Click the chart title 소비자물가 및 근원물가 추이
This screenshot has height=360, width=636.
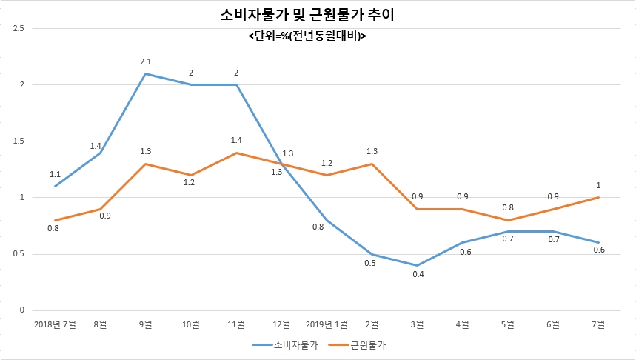[307, 15]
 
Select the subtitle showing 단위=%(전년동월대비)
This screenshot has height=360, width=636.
[307, 36]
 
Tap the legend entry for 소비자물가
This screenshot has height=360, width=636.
[285, 345]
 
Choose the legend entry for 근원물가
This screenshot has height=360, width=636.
[357, 345]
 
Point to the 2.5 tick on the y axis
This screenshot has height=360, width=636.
[19, 28]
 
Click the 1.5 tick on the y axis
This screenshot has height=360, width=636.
[19, 141]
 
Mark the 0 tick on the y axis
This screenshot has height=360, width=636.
[22, 310]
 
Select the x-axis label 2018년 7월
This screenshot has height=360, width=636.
[55, 324]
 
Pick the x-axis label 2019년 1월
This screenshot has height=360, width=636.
[327, 324]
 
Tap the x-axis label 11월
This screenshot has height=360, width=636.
[236, 324]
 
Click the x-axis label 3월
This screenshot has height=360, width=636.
[418, 324]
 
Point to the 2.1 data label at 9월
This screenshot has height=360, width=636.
[146, 61]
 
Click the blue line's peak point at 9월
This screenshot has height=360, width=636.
[146, 73]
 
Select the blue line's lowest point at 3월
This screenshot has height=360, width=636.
[418, 265]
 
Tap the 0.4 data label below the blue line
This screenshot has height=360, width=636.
[418, 274]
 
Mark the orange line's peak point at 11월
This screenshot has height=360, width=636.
[236, 153]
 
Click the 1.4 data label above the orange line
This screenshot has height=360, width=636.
[236, 141]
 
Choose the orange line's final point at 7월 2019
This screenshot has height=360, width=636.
[599, 198]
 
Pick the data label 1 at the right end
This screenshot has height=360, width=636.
[598, 185]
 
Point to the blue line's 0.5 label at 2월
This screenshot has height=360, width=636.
[370, 264]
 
